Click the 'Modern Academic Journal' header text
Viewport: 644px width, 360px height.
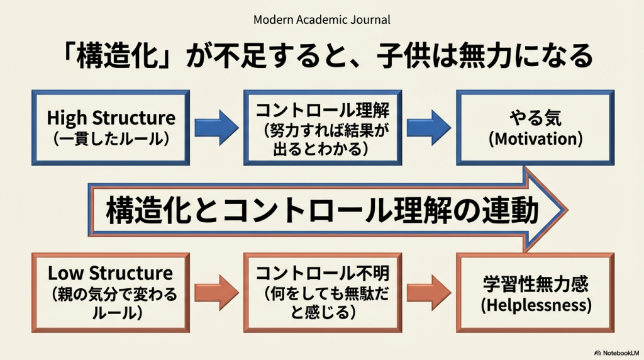click(x=321, y=20)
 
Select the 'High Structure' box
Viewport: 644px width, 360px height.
click(x=111, y=128)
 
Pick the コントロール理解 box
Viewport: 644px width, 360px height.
click(x=323, y=128)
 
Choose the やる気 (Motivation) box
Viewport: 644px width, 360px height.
click(x=535, y=128)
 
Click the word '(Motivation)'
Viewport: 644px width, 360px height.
click(x=535, y=139)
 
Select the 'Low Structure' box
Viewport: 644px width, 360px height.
click(x=111, y=291)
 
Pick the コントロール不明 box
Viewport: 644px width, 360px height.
click(x=323, y=292)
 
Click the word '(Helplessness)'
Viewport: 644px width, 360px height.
click(x=535, y=305)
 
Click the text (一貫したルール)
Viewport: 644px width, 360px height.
click(x=111, y=139)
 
